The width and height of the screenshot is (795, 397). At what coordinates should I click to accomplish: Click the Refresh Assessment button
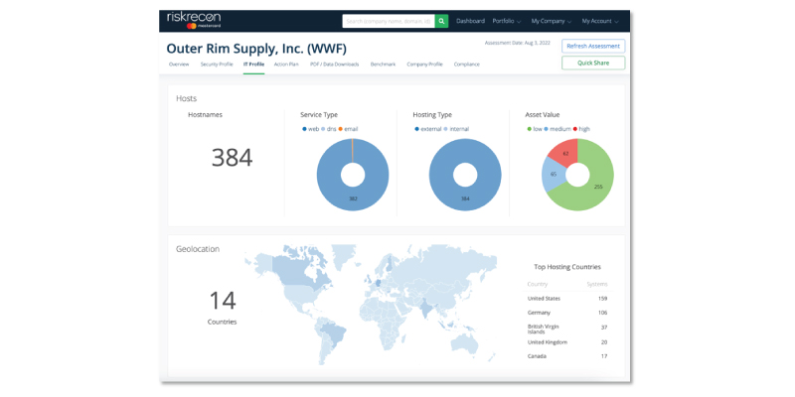click(593, 46)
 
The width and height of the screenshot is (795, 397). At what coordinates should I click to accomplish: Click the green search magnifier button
click(441, 20)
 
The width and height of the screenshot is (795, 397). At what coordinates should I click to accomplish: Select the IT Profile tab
click(253, 64)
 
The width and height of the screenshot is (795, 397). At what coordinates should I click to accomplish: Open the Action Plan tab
click(286, 64)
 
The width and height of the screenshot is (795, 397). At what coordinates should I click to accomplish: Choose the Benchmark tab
click(383, 64)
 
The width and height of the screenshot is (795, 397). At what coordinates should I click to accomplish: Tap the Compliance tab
click(466, 64)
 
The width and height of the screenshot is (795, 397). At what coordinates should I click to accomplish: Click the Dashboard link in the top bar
click(470, 20)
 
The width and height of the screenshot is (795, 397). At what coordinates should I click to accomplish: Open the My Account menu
click(599, 20)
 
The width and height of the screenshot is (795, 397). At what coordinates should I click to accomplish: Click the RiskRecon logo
click(195, 19)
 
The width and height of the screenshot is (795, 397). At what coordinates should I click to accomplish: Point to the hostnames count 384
click(232, 157)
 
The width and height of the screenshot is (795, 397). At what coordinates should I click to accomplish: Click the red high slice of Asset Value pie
click(565, 153)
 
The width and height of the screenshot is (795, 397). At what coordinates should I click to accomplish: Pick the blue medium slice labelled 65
click(554, 175)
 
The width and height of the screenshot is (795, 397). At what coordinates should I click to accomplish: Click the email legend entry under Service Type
click(350, 129)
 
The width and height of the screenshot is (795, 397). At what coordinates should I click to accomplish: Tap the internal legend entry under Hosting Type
click(456, 129)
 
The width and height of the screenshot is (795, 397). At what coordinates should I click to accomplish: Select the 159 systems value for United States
click(602, 298)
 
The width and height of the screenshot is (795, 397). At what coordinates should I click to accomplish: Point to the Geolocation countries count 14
click(222, 300)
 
